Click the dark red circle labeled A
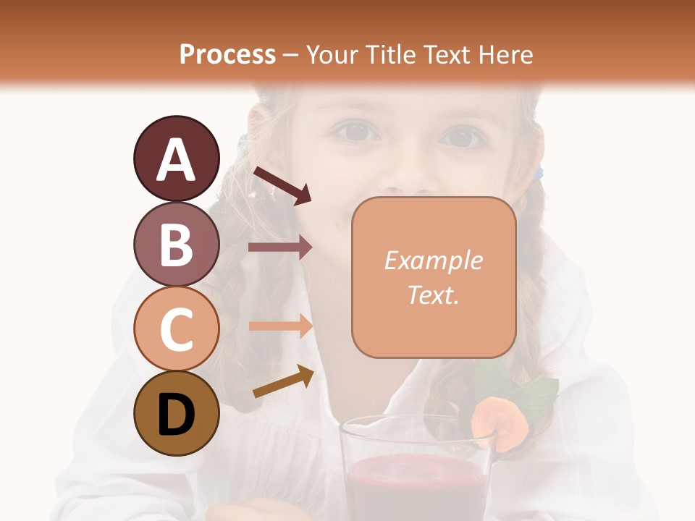pos(176,159)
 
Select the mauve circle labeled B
pos(176,245)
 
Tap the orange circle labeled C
pos(176,329)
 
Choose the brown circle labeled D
pos(176,414)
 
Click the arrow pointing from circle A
pos(282,185)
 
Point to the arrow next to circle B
pos(280,247)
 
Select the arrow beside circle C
pos(280,326)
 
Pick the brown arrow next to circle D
pos(283,382)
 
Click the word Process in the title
pos(227,54)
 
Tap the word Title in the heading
pos(390,54)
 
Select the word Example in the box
pos(433,260)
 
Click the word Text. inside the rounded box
pos(433,295)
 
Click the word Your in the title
pos(332,54)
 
